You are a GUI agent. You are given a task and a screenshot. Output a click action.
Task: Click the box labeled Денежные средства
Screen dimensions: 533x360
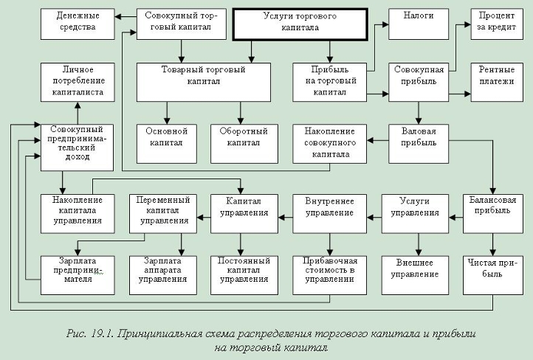coord(78,24)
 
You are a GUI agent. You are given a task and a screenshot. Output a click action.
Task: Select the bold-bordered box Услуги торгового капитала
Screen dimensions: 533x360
coord(300,24)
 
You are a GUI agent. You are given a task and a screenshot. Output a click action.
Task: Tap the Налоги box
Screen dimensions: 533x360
coord(419,24)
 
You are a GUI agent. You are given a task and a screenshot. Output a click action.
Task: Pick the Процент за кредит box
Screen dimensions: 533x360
coord(497,24)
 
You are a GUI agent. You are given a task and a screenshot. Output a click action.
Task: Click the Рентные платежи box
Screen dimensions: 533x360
coord(497,82)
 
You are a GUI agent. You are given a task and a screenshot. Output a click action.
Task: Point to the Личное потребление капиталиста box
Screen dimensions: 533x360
coord(78,82)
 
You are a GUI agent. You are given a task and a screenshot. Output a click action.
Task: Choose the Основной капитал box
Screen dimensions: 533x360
coord(167,144)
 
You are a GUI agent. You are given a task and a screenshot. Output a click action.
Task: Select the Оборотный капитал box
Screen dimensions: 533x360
coord(244,144)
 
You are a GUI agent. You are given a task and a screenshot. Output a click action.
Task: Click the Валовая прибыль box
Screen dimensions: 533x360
coord(419,144)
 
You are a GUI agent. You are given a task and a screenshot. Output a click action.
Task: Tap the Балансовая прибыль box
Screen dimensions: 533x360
coord(493,214)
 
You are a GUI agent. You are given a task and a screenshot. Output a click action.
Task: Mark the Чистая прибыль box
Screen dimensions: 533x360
coord(493,275)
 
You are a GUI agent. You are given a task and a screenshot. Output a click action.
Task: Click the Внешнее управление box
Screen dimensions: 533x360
coord(415,275)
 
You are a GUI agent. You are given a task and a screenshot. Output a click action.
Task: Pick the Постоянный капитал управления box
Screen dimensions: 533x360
coord(244,275)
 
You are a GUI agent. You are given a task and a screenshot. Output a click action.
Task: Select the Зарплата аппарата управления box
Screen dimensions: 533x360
coord(163,275)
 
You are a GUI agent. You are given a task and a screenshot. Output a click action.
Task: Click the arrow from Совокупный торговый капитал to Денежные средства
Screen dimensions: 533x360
coord(125,16)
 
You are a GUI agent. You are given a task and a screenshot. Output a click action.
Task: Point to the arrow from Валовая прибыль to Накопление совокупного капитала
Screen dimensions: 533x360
coord(378,140)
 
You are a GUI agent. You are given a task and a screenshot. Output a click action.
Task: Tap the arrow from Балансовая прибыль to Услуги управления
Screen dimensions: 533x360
coord(455,218)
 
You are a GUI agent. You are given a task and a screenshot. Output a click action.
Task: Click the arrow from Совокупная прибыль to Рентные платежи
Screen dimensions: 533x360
coord(460,94)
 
